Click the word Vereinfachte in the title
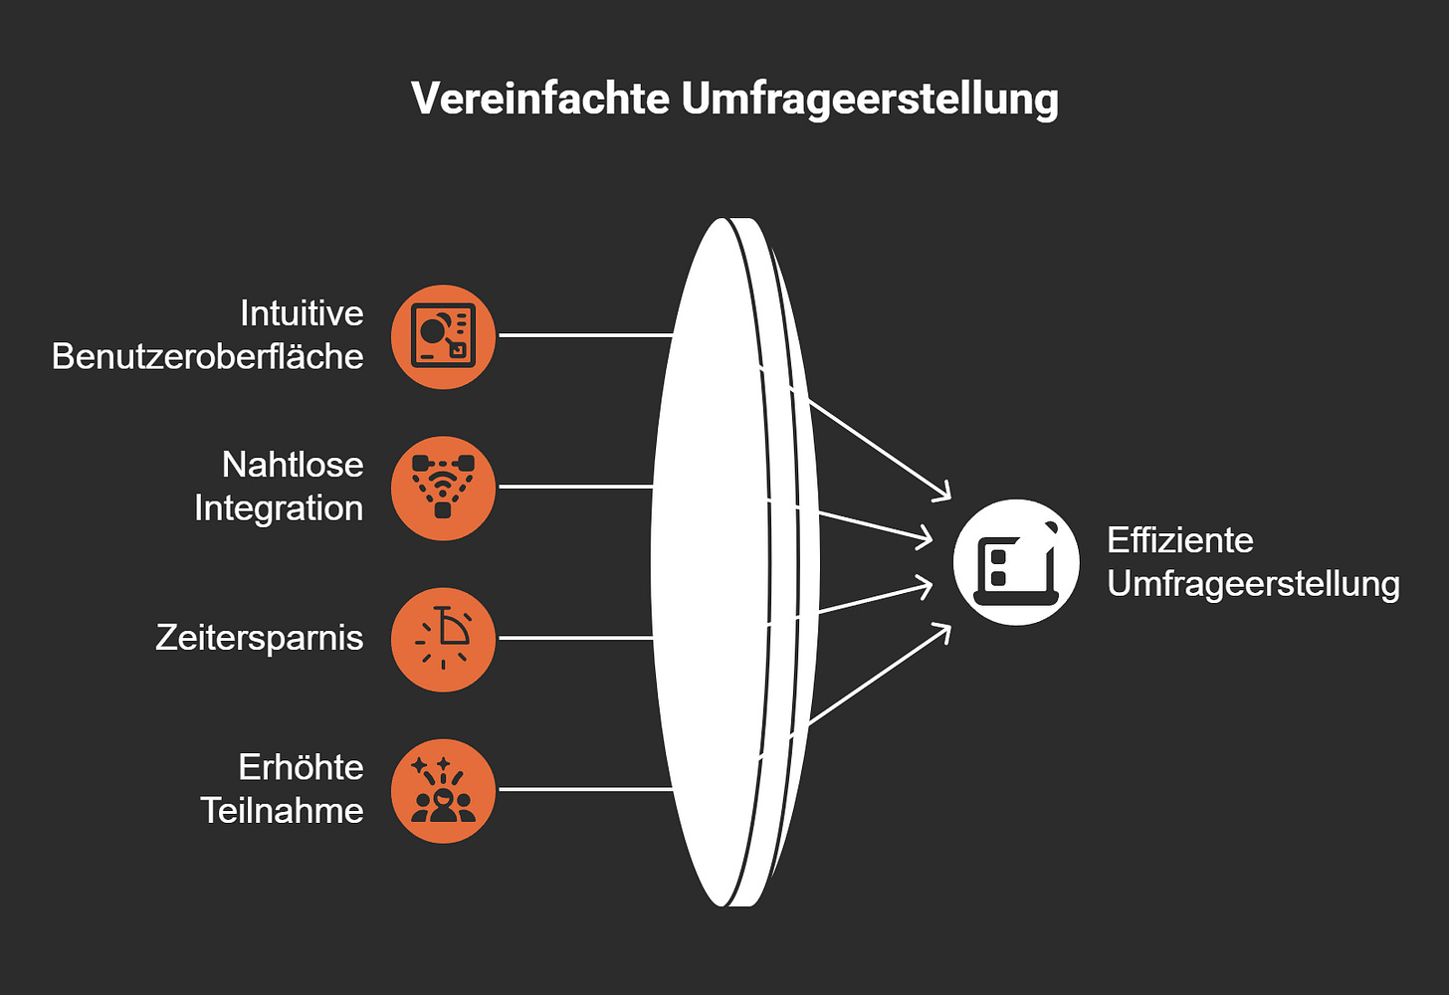point(539,99)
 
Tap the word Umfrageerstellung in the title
point(869,99)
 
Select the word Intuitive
point(302,313)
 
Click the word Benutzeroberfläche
point(208,356)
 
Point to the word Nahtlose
point(293,465)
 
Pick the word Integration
point(279,508)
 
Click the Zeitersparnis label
point(260,638)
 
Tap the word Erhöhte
point(301,767)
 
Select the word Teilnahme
point(282,811)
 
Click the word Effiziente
point(1179,540)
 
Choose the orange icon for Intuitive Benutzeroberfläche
point(443,336)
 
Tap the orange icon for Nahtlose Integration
point(443,488)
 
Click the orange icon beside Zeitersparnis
point(443,639)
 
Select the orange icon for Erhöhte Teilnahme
point(443,790)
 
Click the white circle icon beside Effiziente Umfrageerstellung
point(1016,562)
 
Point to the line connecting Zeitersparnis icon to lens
point(575,638)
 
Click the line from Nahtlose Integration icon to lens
point(575,487)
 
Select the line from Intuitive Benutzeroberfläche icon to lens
point(585,335)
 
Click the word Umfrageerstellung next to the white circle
point(1253,584)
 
